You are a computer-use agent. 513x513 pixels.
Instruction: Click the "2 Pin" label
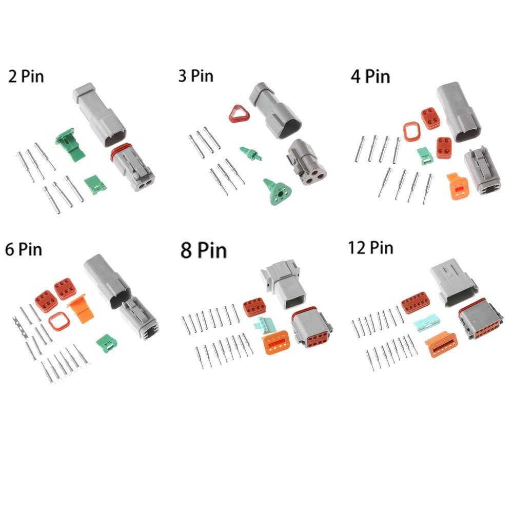pos(26,77)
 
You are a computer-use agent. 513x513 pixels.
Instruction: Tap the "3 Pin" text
pos(195,76)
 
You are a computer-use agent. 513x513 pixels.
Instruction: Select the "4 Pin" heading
pos(370,76)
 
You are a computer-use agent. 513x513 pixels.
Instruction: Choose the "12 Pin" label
pos(370,248)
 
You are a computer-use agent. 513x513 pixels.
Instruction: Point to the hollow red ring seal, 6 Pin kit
pos(57,323)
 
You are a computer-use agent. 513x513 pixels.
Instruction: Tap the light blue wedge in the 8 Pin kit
pos(263,325)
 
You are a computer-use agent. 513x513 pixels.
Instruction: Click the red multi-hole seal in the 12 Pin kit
pos(415,303)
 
